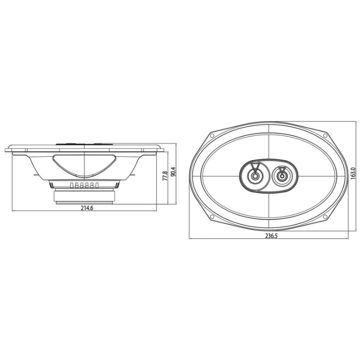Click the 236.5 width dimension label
[x=271, y=236]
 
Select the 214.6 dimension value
[x=87, y=208]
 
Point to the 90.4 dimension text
[x=173, y=171]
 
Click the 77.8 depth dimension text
[x=165, y=176]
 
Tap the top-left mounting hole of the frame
[x=212, y=135]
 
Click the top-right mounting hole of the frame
[x=325, y=135]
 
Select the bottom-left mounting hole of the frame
[x=212, y=217]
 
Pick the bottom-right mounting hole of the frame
[x=325, y=217]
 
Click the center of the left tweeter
[x=255, y=176]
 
